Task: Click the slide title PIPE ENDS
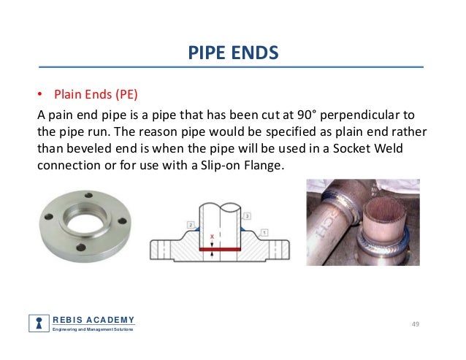233,53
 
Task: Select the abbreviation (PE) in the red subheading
126,94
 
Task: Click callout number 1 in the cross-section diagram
264,231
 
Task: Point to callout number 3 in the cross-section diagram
248,216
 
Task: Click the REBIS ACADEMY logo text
93,319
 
